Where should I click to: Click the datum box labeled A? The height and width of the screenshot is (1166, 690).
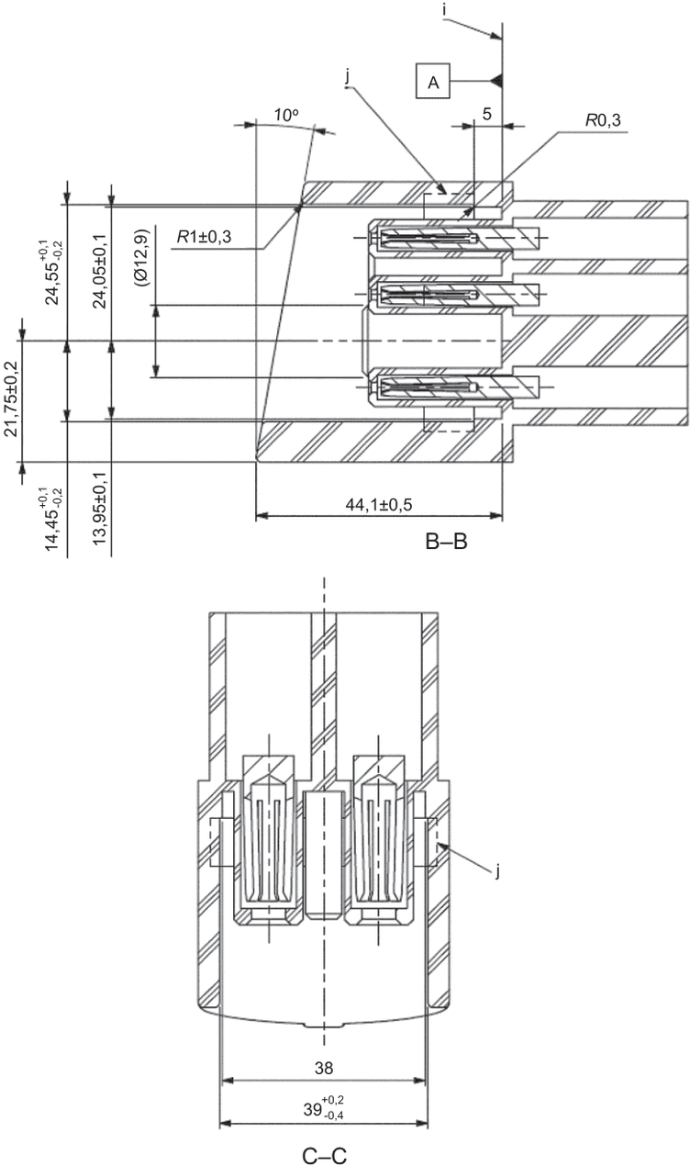(x=433, y=81)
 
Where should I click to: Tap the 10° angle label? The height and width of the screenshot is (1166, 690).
(x=286, y=115)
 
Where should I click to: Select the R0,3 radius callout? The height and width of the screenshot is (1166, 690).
(x=603, y=120)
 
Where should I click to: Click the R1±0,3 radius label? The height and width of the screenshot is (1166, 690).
(x=204, y=238)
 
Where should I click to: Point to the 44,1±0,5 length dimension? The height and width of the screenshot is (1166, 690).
(x=379, y=504)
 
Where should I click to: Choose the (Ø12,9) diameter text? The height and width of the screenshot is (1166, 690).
(x=141, y=258)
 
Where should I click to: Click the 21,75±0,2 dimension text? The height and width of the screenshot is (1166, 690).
(x=11, y=398)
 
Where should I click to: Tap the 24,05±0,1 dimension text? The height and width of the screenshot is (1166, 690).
(x=100, y=271)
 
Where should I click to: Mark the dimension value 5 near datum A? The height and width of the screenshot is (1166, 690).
(x=487, y=114)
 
